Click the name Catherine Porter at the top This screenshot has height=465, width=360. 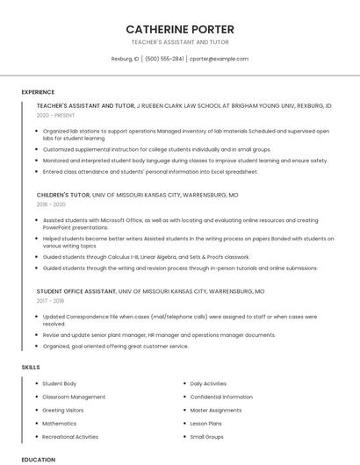click(180, 29)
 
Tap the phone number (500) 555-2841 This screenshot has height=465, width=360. click(164, 59)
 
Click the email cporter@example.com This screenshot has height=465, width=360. click(220, 59)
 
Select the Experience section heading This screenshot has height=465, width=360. click(38, 92)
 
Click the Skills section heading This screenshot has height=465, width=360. click(31, 366)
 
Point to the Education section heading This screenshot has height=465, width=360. click(38, 459)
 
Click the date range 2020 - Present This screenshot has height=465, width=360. click(56, 115)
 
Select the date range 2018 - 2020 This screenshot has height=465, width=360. click(51, 204)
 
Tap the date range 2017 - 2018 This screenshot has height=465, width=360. click(50, 300)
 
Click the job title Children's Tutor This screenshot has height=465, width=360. click(63, 194)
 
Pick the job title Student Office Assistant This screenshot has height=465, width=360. click(76, 290)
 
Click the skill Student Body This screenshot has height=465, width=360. click(60, 383)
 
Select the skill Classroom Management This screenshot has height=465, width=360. click(74, 397)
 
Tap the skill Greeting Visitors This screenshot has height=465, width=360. click(63, 410)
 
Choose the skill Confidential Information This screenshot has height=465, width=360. click(221, 397)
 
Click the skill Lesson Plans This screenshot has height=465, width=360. click(206, 423)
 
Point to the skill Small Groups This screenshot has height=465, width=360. click(207, 436)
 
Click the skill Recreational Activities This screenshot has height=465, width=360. click(70, 436)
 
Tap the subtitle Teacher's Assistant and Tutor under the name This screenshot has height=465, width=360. click(180, 41)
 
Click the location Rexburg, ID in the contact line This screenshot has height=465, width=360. click(125, 59)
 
